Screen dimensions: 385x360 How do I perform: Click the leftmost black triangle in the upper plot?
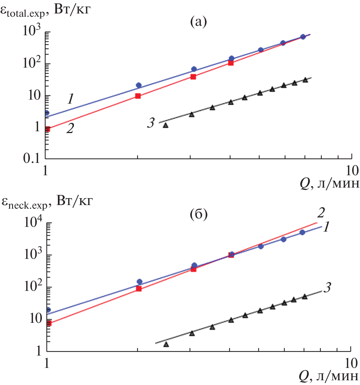pyautogui.click(x=166, y=125)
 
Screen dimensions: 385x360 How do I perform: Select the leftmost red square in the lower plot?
pyautogui.click(x=49, y=323)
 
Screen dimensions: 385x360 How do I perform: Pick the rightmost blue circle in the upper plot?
pyautogui.click(x=302, y=37)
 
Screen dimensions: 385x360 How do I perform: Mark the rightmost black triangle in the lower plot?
pyautogui.click(x=305, y=296)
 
